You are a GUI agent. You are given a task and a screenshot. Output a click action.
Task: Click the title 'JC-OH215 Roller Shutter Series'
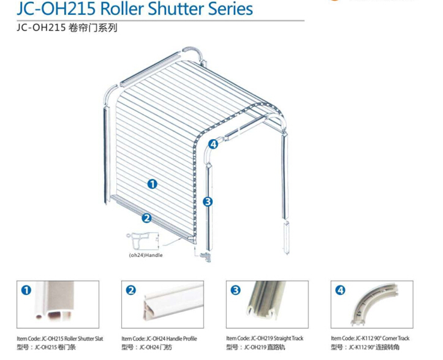point(135,9)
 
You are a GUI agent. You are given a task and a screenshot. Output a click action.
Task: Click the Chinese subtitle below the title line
point(67,28)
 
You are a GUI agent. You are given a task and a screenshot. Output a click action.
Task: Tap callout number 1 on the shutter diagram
point(153,184)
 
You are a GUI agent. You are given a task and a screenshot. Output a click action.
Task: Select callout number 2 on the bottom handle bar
point(146,218)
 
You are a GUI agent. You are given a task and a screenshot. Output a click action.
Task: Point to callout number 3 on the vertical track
point(208,201)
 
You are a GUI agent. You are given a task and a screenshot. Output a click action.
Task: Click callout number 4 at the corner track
point(213,144)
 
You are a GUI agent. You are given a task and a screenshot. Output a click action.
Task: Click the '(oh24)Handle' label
point(146,255)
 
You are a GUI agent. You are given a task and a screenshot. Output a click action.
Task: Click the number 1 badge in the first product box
point(26,290)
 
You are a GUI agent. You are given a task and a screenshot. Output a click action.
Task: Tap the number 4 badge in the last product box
point(340,290)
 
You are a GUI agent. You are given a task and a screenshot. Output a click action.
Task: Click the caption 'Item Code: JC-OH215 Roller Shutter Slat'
point(60,339)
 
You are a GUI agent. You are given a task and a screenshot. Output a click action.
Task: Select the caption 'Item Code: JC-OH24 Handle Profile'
point(159,339)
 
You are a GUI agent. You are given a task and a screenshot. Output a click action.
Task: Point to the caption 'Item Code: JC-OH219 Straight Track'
point(265,338)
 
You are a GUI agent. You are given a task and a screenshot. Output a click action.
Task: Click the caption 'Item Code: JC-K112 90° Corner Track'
point(370,338)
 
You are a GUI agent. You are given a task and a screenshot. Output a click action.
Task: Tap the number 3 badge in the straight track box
point(236,290)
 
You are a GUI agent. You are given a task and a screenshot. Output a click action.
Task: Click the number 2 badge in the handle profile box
point(131,290)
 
